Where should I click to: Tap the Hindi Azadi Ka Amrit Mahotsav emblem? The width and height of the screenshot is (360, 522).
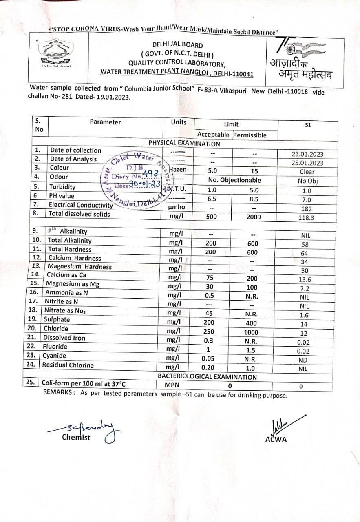300,59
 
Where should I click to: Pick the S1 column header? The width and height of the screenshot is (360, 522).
308,125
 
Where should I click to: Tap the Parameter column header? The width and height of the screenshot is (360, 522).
106,122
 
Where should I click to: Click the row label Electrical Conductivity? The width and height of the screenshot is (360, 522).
81,205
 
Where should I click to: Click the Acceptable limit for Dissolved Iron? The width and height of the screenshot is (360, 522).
208,341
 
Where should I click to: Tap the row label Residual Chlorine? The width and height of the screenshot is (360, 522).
68,365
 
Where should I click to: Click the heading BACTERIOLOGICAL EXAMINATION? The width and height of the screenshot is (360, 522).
207,377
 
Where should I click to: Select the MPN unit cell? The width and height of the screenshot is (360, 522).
172,385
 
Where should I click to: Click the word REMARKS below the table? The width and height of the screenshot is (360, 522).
59,392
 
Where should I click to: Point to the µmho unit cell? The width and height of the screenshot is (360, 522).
177,207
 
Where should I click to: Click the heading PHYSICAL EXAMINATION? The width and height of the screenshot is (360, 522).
184,144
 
